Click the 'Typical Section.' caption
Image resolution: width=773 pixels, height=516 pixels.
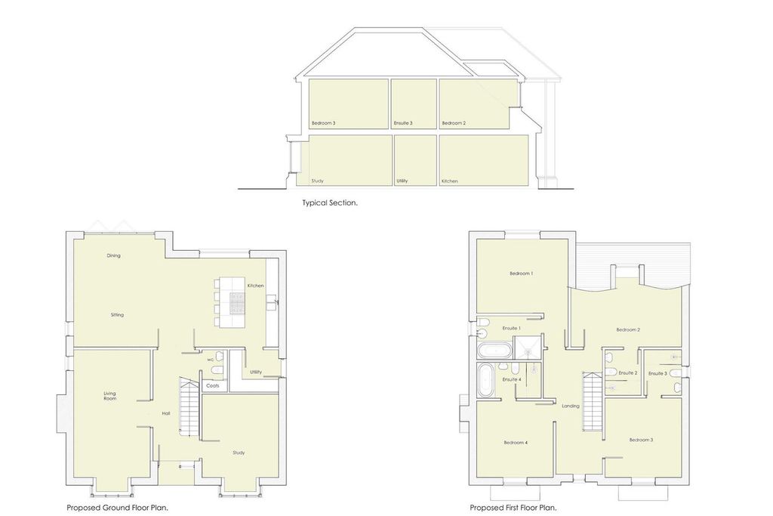point(330,202)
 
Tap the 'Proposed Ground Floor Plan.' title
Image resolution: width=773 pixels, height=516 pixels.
point(117,508)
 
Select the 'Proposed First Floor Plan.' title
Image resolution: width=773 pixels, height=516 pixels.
point(513,508)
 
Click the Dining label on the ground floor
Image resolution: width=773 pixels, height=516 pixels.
point(113,255)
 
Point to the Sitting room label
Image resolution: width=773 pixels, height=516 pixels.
point(117,315)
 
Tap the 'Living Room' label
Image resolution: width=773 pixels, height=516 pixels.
point(110,396)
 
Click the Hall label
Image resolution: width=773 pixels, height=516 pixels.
point(166,413)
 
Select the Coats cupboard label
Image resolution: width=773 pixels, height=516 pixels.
point(212,386)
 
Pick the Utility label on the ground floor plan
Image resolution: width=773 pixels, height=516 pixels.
point(256,372)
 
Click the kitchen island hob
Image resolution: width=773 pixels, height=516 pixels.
point(237,304)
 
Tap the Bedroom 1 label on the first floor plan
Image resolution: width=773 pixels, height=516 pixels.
point(521,273)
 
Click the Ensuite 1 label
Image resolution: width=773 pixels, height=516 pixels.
point(511,328)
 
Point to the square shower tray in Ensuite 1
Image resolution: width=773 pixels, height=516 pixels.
point(528,348)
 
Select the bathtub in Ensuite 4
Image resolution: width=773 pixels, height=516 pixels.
point(485,380)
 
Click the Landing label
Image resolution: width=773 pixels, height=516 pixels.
point(571,406)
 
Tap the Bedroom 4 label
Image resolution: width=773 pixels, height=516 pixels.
point(516,443)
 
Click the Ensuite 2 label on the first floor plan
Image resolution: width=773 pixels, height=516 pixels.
point(628,373)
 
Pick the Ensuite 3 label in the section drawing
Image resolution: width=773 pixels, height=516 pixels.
point(403,123)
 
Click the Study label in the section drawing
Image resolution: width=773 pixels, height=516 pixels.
point(318,181)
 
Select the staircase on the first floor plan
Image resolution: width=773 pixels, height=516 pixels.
point(593,402)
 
